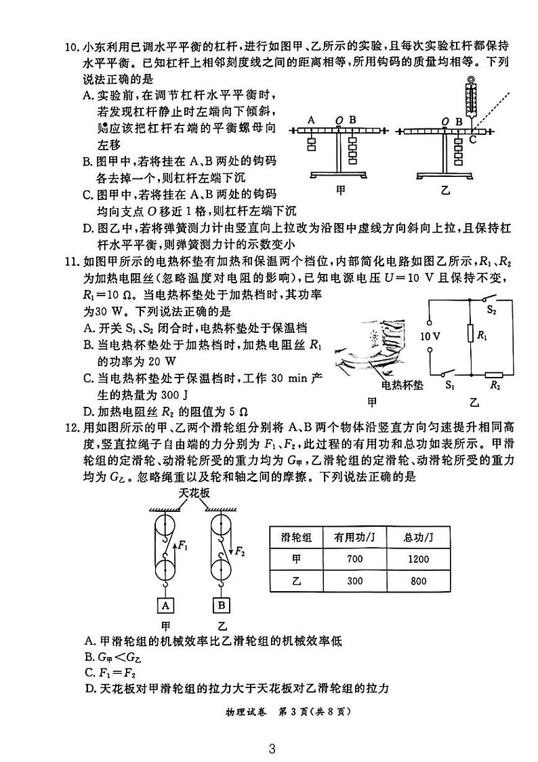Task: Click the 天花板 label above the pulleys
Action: [194, 493]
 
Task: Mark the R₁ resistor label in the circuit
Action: [482, 335]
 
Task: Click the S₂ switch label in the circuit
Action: [493, 311]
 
